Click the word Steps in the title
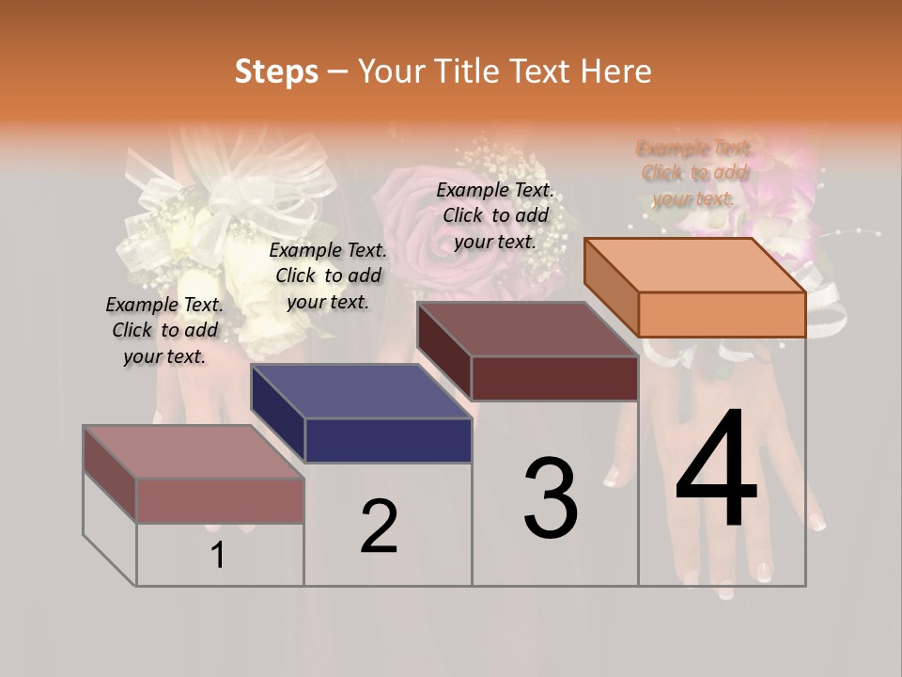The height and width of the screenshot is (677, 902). [x=276, y=71]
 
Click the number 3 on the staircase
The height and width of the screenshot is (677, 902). [x=550, y=498]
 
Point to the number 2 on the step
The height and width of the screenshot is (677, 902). [x=379, y=527]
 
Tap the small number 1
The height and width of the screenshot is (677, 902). [x=217, y=556]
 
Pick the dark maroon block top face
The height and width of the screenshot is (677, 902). [x=527, y=329]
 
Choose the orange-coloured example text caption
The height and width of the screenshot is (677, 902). [x=693, y=173]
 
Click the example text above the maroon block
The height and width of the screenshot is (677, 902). [x=495, y=215]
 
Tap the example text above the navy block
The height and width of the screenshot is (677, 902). [x=328, y=276]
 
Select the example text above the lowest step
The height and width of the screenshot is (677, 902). [x=164, y=330]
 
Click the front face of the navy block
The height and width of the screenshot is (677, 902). [x=388, y=440]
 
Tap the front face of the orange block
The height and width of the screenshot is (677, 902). [x=722, y=314]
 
